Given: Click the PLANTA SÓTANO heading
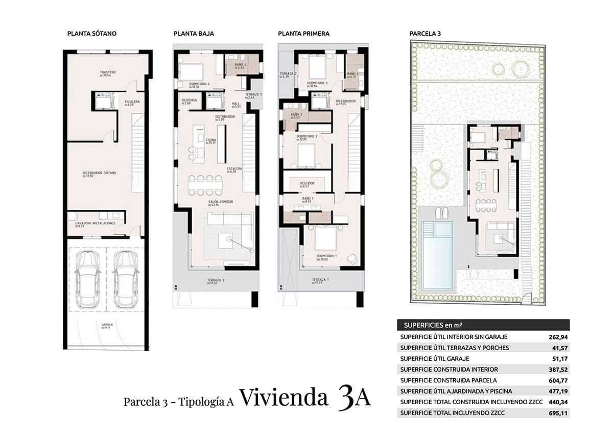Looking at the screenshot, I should click(92, 34).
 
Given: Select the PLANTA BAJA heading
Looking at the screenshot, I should click(194, 34).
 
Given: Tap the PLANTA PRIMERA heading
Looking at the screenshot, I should click(303, 34).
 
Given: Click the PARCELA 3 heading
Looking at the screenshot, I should click(425, 34).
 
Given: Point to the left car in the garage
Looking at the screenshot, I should click(87, 279).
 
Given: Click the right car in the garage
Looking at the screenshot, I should click(126, 279).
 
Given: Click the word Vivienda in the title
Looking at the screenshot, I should click(283, 398).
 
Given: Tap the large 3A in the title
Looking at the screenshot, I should click(354, 398).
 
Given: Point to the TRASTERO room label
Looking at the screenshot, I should click(108, 72).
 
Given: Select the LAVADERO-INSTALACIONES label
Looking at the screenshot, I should click(96, 224).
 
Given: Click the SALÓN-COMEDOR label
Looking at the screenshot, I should click(220, 202).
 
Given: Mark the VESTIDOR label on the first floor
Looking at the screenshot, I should click(307, 183).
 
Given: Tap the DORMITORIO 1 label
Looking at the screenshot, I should click(326, 256).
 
